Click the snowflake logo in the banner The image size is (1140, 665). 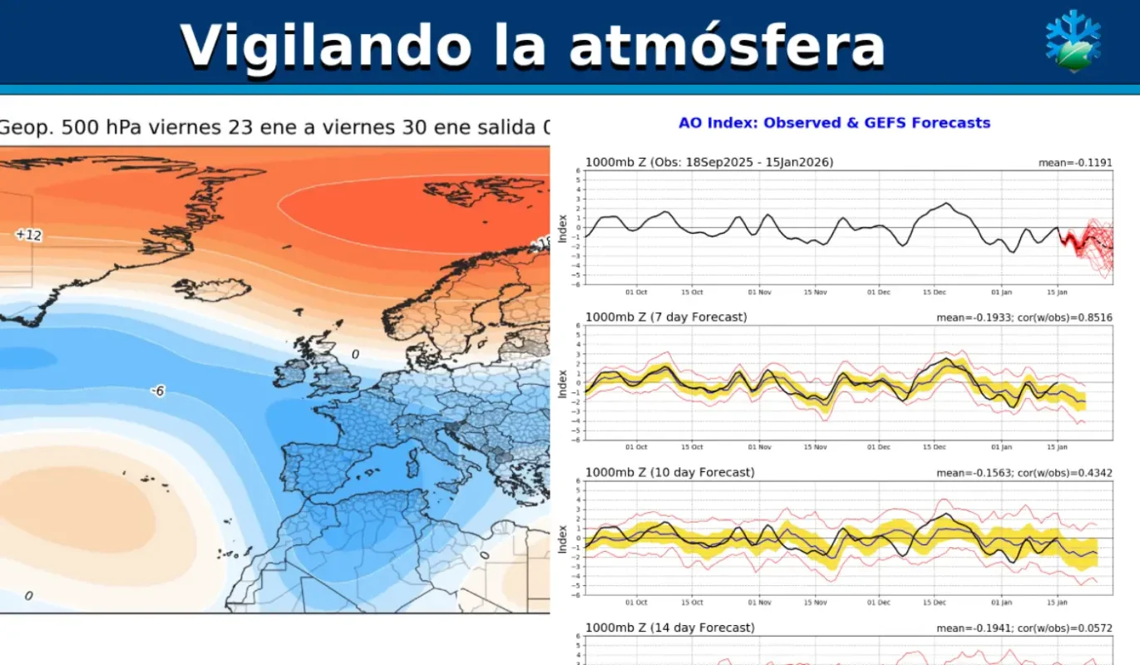point(1073,41)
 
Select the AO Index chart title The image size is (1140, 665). point(834,123)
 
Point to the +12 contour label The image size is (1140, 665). point(28,235)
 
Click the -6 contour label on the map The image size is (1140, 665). point(157,391)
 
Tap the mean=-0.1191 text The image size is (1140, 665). point(1074,163)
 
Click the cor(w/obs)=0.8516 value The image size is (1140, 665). point(1069,318)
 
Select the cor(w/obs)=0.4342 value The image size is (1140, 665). point(1069,473)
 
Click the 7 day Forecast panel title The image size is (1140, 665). point(666,318)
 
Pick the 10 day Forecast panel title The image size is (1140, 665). point(669,473)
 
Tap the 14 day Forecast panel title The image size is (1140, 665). point(669,628)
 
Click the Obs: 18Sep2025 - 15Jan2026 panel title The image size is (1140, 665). point(709,163)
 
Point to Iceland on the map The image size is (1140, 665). point(213,289)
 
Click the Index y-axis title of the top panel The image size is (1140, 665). point(563,227)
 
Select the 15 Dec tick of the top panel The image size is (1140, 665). point(939,293)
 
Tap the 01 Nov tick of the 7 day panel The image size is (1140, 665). point(759,447)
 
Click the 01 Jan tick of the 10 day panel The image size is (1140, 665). point(1002,603)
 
